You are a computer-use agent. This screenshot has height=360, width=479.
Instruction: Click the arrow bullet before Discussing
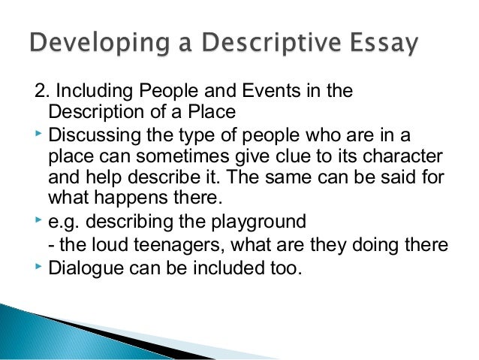pyautogui.click(x=38, y=134)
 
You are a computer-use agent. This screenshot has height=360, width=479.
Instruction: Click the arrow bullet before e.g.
pyautogui.click(x=38, y=220)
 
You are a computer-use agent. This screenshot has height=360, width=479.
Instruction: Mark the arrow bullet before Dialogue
pyautogui.click(x=38, y=265)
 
